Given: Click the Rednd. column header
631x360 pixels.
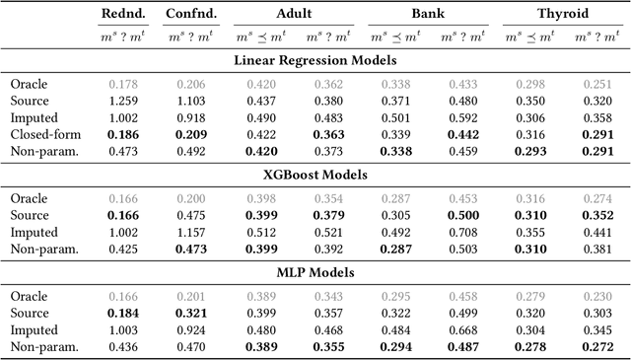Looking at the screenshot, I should (x=123, y=15).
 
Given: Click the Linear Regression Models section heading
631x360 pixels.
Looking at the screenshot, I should (x=315, y=60).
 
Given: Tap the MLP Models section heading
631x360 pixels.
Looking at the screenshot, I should (x=315, y=271).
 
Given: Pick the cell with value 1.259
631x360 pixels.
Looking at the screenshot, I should (x=123, y=101).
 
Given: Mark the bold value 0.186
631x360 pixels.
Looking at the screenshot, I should (x=123, y=133).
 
